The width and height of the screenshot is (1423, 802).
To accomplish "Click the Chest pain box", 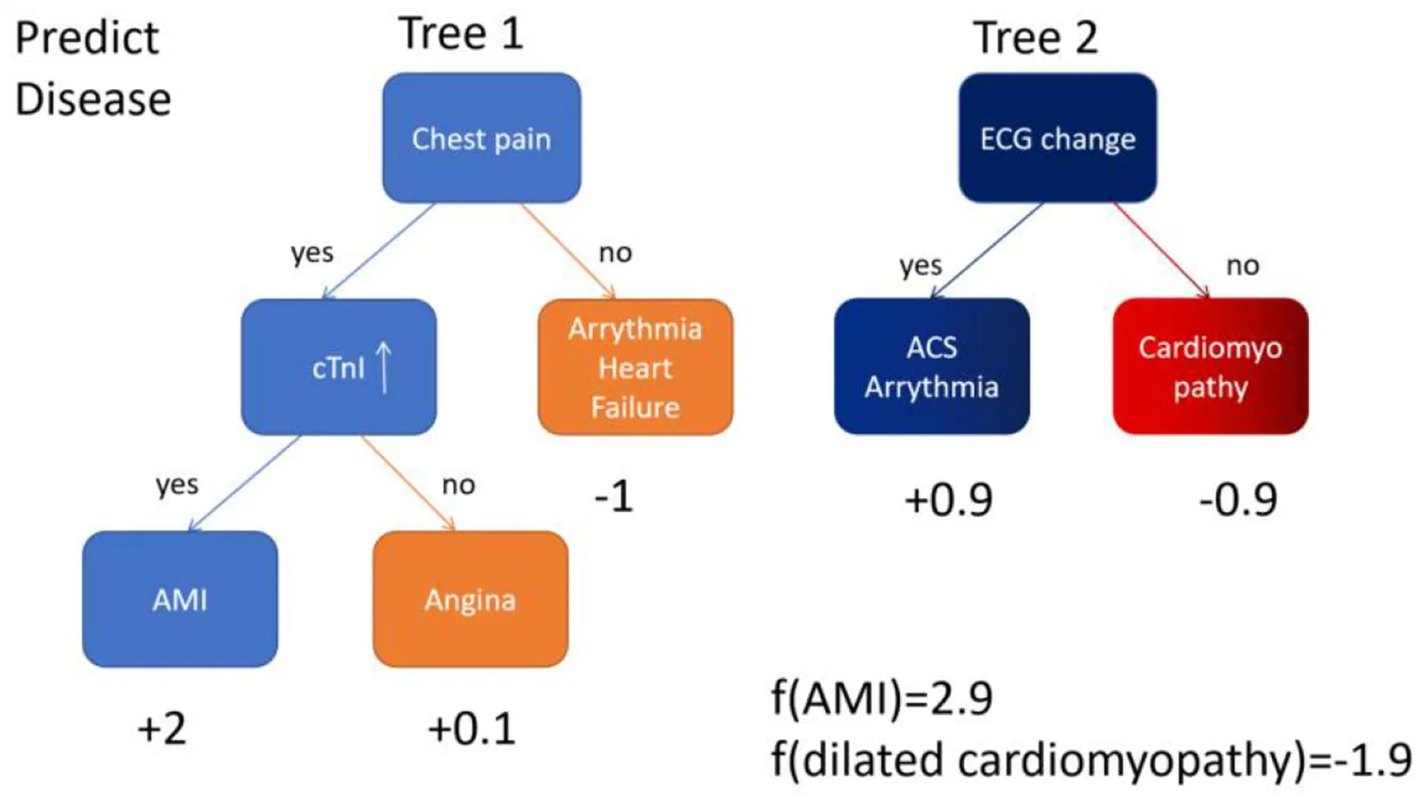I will click(x=481, y=138).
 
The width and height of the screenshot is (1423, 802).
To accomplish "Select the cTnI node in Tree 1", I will click(x=338, y=367).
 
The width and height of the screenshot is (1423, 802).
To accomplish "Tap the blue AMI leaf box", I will click(x=180, y=599).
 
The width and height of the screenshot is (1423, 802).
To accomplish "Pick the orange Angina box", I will click(x=470, y=599).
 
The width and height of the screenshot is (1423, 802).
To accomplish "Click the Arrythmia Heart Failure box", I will click(x=635, y=367).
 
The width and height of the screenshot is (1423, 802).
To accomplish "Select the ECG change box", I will click(x=1058, y=138).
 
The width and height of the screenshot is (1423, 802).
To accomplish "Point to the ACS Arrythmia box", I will click(x=932, y=366).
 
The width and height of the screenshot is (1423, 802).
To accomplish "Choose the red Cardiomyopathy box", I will click(x=1210, y=366).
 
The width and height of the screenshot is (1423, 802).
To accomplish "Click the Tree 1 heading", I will click(x=461, y=34).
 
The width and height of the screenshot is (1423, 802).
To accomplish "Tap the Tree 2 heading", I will click(x=1035, y=38).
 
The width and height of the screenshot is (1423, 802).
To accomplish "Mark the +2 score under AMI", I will click(x=161, y=729).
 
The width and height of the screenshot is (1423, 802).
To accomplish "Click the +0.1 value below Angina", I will click(x=471, y=729).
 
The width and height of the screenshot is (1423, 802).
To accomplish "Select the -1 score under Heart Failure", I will click(x=614, y=497).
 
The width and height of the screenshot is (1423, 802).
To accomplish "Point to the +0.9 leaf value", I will click(x=948, y=500).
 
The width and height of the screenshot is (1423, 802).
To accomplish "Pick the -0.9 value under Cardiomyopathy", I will click(x=1238, y=500).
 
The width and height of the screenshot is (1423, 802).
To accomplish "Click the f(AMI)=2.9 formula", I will click(x=882, y=698).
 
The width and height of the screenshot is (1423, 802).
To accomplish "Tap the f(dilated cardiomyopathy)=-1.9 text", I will click(x=1091, y=760).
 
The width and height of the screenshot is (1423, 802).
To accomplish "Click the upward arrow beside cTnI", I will click(x=384, y=366).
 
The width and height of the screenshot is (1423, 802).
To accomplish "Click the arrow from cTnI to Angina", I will click(x=408, y=483).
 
